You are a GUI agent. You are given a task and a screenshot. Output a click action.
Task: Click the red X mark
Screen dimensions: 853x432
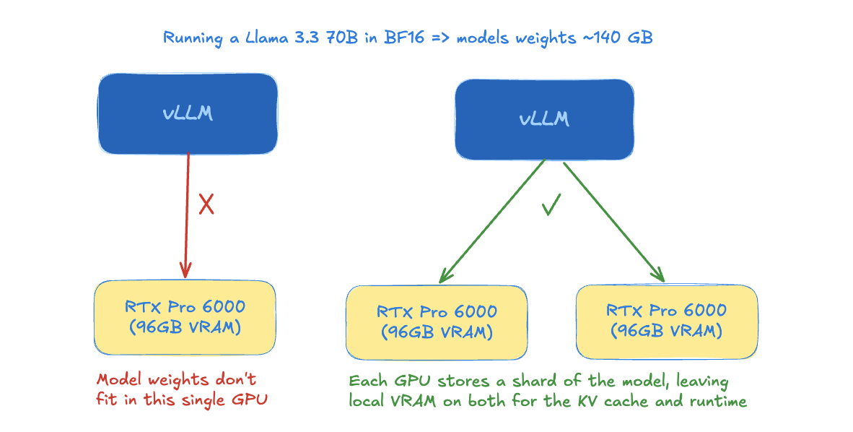click(x=206, y=204)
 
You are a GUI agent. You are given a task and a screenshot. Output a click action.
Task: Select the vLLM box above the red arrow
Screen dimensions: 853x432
click(x=188, y=113)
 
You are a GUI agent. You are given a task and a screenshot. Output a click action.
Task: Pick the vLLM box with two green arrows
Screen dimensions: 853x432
click(x=544, y=118)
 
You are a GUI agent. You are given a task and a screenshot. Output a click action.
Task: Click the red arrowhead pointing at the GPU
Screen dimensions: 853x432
click(x=185, y=269)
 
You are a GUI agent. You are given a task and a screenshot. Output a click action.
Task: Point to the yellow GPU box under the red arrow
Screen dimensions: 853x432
click(x=185, y=318)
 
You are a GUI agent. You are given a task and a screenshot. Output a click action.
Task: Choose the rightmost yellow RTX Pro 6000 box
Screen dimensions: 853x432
click(x=666, y=322)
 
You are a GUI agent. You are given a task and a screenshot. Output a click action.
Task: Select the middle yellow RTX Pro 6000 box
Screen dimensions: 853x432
click(x=437, y=322)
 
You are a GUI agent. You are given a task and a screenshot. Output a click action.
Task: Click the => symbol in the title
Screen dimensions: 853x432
click(x=439, y=38)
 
